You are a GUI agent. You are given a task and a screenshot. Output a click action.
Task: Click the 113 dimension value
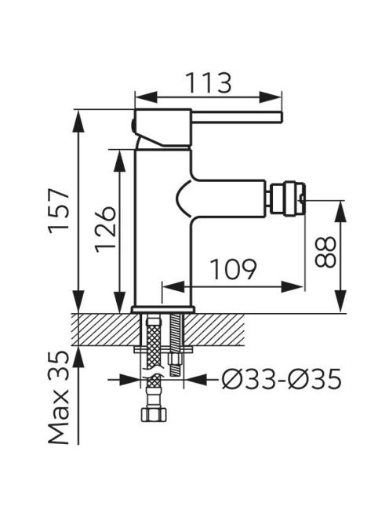coord(208,82)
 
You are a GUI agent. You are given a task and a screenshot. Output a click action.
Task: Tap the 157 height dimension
coord(59,211)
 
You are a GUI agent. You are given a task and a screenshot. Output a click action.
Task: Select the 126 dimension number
coord(105,229)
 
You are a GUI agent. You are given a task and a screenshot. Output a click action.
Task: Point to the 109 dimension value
coord(234,269)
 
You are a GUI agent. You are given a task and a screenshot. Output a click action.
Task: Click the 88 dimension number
coord(325,252)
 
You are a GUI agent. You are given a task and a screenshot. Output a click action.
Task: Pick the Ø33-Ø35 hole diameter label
coord(282,379)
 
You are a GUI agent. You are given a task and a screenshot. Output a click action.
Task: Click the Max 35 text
coord(59,398)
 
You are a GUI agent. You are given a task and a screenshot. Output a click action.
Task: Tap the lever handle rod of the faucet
coord(237,118)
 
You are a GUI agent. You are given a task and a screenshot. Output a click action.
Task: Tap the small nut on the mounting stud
coord(176,359)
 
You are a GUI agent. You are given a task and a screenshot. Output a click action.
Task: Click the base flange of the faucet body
coord(163,309)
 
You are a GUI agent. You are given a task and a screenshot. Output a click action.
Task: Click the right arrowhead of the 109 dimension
coord(293,286)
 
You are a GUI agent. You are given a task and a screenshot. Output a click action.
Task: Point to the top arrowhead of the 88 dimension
coord(341,211)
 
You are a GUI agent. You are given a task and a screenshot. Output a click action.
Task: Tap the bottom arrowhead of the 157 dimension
coord(78,301)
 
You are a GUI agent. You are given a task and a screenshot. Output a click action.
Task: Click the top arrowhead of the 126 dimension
coord(119,161)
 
